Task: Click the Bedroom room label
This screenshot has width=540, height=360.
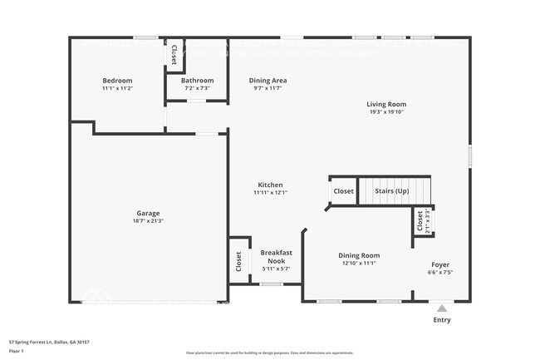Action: click(117, 81)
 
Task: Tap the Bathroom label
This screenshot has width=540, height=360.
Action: click(197, 81)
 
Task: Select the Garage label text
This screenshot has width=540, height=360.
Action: click(148, 212)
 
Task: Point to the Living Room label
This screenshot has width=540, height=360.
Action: click(386, 105)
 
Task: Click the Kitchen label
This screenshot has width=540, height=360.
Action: click(270, 185)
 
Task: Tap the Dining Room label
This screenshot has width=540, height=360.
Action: click(359, 255)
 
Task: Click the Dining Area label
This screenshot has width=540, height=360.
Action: click(268, 81)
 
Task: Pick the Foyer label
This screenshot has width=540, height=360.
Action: click(439, 264)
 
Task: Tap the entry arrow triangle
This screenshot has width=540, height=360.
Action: click(441, 308)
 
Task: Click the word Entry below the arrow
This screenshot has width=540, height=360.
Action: click(441, 319)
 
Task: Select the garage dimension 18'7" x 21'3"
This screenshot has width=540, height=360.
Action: click(148, 220)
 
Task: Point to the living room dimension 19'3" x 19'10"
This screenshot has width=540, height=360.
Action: click(386, 112)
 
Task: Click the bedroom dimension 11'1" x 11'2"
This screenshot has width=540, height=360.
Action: click(117, 88)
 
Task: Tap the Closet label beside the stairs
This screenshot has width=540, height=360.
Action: click(343, 191)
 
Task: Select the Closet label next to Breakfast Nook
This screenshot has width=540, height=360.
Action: click(238, 261)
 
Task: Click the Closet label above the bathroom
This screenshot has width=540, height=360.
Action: click(174, 54)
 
